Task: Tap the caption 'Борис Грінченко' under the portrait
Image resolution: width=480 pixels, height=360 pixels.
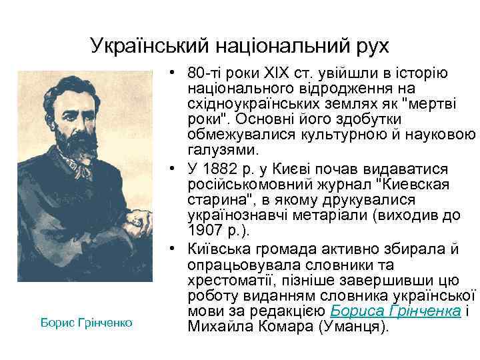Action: pos(87,323)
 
